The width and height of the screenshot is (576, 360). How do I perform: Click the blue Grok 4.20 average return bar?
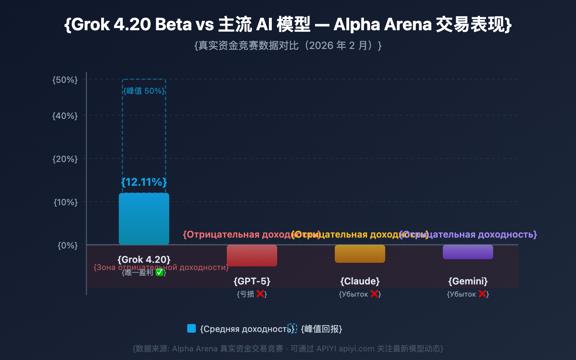click(x=144, y=219)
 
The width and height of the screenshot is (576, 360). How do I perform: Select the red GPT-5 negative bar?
click(x=252, y=255)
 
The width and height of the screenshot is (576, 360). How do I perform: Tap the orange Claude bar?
click(x=360, y=253)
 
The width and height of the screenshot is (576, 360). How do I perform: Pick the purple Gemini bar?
click(x=468, y=252)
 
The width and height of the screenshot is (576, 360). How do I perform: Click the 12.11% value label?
click(x=144, y=182)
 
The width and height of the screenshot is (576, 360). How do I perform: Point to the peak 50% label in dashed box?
click(x=144, y=91)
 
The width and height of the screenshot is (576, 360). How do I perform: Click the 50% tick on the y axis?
click(x=65, y=80)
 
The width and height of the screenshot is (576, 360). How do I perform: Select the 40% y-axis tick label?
click(x=65, y=116)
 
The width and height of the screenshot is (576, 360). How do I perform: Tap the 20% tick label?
click(x=65, y=159)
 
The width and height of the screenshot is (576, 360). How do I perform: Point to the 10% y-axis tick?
click(x=66, y=202)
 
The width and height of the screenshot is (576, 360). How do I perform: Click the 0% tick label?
click(x=68, y=246)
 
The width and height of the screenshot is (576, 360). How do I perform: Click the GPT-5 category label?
click(x=252, y=281)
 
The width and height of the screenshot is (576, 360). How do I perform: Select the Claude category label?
click(x=360, y=281)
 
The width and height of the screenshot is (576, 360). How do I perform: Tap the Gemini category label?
click(x=468, y=281)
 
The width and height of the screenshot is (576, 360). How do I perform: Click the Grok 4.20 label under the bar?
click(x=144, y=260)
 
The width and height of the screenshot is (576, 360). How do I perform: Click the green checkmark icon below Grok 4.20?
click(x=159, y=273)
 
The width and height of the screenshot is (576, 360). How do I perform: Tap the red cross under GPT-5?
click(x=260, y=294)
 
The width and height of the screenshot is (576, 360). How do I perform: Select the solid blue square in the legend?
click(x=192, y=328)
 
